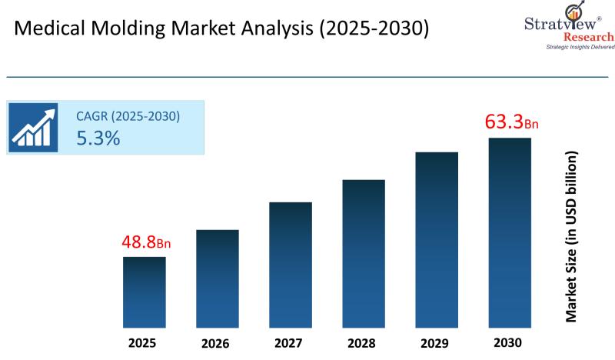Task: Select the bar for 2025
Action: coord(145,290)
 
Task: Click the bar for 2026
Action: coord(218,277)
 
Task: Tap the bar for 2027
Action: coord(291,263)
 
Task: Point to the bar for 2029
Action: coord(437,238)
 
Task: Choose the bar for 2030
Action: coord(510,231)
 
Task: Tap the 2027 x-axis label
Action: coord(291,340)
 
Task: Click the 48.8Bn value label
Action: coord(145,242)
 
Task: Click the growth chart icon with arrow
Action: coord(33,127)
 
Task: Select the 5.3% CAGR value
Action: coord(98,138)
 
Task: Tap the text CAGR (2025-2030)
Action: coord(128,117)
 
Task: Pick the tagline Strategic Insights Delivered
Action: coord(580,48)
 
